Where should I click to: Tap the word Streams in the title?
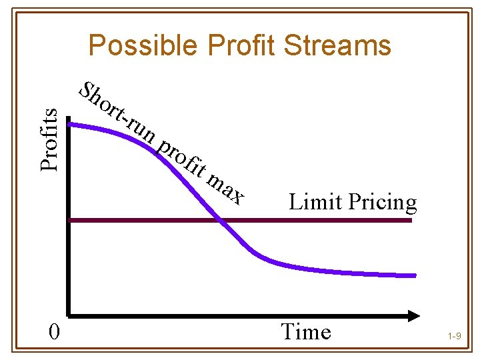pyautogui.click(x=341, y=46)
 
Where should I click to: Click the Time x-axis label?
pyautogui.click(x=306, y=331)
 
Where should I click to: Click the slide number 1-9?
pyautogui.click(x=455, y=337)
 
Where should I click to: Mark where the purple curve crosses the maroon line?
pyautogui.click(x=220, y=220)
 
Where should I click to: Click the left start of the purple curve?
pyautogui.click(x=71, y=124)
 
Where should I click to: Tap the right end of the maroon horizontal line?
pyautogui.click(x=411, y=220)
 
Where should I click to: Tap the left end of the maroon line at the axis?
pyautogui.click(x=71, y=220)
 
